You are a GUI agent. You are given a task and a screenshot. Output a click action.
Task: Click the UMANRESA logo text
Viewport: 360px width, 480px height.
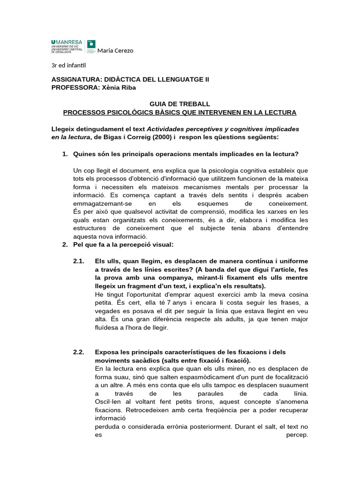pos(67,42)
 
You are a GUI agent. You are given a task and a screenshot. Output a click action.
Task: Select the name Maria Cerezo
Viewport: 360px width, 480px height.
pos(115,51)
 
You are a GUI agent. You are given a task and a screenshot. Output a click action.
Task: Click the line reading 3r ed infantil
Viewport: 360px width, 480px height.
pos(68,65)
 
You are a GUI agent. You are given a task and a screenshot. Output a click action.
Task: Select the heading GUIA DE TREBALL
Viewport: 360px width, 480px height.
pos(180,104)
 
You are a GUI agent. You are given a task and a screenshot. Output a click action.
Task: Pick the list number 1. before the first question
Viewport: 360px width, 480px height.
pos(65,154)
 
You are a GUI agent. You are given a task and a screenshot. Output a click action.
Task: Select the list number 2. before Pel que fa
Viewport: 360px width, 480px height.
pos(65,245)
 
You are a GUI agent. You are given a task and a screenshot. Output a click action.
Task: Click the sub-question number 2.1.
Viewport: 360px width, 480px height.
pos(78,261)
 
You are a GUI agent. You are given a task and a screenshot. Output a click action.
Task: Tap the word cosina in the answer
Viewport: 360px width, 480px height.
pos(297,294)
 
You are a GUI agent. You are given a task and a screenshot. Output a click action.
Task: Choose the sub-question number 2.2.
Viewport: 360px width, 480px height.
pos(78,352)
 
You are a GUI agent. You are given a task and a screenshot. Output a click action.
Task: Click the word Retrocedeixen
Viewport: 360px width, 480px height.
pos(188,410)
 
